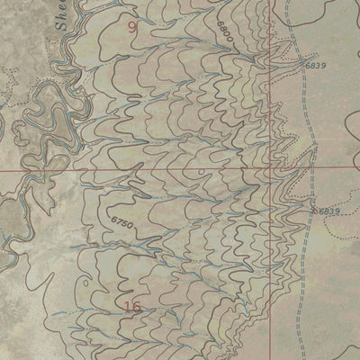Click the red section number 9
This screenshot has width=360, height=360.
[134, 28]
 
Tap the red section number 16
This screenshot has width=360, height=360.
[134, 309]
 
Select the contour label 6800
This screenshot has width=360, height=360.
[225, 32]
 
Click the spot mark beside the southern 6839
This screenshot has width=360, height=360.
[315, 210]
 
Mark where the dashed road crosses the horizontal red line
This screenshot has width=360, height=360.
[311, 168]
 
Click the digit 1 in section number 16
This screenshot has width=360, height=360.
[129, 309]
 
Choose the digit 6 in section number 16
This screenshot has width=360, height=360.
[139, 309]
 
